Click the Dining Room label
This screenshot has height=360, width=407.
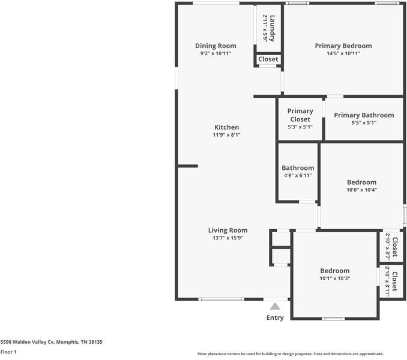click(216, 46)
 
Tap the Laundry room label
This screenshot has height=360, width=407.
click(273, 28)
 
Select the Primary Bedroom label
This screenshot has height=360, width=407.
click(343, 46)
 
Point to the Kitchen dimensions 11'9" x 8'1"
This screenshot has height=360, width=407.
click(226, 135)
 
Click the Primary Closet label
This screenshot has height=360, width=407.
click(300, 115)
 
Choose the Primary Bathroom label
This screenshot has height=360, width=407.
click(364, 115)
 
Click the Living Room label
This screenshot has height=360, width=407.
click(228, 230)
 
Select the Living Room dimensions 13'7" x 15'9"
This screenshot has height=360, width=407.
click(228, 238)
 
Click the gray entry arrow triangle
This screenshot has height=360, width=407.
click(275, 306)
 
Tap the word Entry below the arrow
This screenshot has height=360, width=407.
click(275, 317)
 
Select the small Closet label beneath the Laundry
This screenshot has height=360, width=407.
click(268, 59)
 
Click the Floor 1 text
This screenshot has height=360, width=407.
click(8, 352)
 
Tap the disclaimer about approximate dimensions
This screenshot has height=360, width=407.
click(291, 354)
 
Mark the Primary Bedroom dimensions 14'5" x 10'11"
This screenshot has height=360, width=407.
click(343, 53)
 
